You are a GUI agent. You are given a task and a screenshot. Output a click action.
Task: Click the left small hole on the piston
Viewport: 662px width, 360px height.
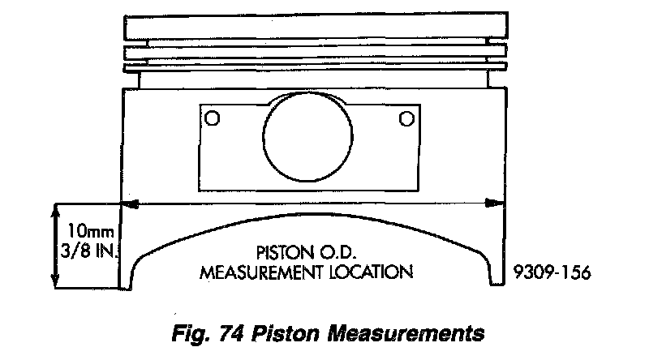tap(213, 118)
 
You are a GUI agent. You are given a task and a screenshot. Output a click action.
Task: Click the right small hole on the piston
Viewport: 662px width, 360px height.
tap(406, 119)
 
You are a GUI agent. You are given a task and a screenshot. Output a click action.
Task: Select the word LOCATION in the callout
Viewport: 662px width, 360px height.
tap(370, 270)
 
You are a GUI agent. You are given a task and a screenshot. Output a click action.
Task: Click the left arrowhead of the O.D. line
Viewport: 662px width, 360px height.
tap(128, 204)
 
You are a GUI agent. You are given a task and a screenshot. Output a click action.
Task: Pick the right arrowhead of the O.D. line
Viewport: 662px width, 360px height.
tap(492, 204)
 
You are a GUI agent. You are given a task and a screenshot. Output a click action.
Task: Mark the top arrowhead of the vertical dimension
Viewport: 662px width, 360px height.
tap(55, 209)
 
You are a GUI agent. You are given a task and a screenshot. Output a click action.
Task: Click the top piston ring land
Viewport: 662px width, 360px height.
tap(310, 27)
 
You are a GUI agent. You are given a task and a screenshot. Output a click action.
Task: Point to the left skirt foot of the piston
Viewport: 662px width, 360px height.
tap(127, 272)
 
